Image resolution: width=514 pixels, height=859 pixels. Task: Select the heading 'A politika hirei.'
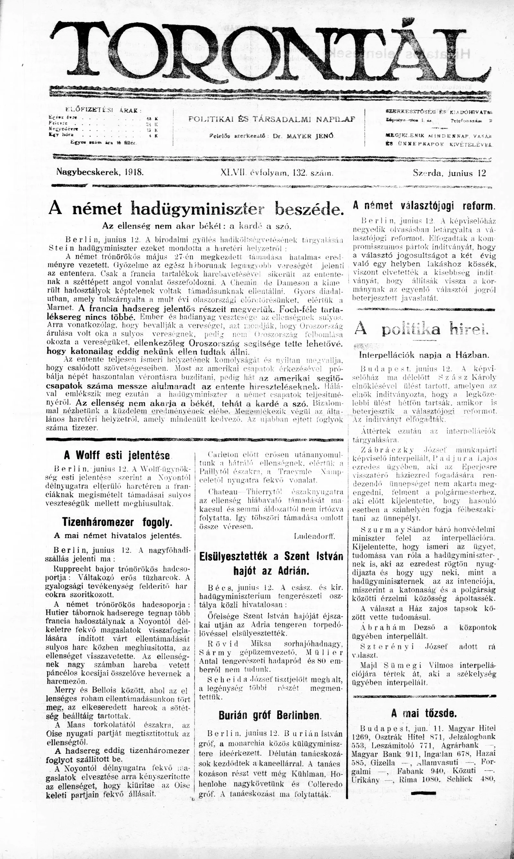point(421,330)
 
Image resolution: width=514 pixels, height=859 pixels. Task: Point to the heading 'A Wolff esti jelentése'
point(117,455)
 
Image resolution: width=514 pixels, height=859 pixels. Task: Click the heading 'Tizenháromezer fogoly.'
point(117,522)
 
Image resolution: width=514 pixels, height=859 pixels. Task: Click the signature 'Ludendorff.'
point(314,537)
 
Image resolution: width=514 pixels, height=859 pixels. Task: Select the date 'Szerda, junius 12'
point(449,173)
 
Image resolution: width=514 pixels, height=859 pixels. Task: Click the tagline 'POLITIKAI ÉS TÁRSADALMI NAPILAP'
point(271,119)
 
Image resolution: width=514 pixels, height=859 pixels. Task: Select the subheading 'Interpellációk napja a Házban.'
point(424,355)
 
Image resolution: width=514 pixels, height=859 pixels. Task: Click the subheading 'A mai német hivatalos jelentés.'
point(118,536)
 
